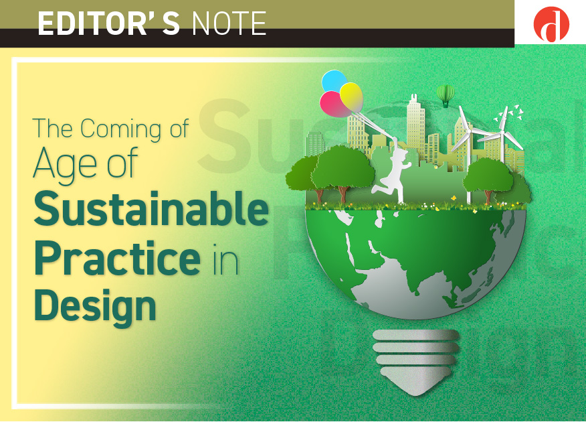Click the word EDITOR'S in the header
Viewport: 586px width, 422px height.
click(x=109, y=23)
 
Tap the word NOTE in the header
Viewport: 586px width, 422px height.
click(x=229, y=23)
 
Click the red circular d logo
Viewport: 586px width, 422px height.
click(x=551, y=24)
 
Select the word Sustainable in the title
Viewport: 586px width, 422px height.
click(x=151, y=208)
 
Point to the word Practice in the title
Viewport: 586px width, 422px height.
click(x=117, y=257)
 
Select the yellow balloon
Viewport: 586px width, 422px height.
click(x=351, y=96)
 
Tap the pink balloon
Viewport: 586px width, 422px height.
click(x=335, y=104)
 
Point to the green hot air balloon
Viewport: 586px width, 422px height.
click(x=445, y=95)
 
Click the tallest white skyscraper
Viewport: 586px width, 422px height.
click(x=415, y=123)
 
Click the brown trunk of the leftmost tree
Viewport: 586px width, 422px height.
click(x=319, y=195)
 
